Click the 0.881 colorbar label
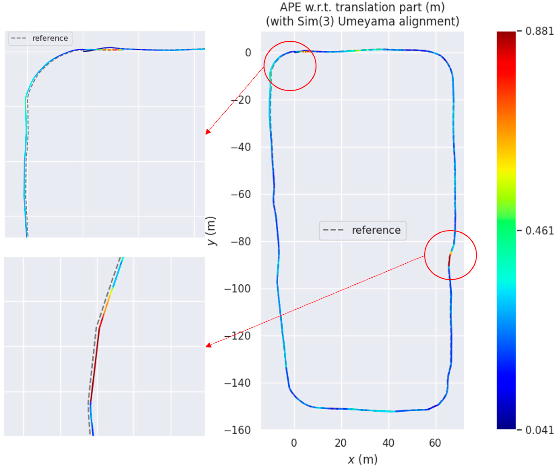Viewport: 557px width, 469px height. [x=539, y=31]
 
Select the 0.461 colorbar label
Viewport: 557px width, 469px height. [x=539, y=231]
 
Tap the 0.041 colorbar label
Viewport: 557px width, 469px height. [x=539, y=430]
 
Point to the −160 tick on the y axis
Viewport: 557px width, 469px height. [x=238, y=430]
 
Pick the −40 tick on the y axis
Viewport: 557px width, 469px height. [x=241, y=147]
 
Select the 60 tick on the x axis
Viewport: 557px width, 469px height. [x=435, y=443]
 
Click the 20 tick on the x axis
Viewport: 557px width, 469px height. [x=341, y=443]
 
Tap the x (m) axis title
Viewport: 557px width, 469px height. [x=363, y=459]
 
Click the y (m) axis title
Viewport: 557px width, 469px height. [x=212, y=231]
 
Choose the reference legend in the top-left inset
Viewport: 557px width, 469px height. [x=40, y=38]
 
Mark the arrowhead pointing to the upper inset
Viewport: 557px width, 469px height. [x=208, y=132]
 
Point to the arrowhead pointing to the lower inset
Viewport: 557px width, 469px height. [x=208, y=346]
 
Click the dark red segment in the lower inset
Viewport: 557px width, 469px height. [x=95, y=364]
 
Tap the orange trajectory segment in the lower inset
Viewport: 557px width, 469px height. [x=106, y=308]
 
